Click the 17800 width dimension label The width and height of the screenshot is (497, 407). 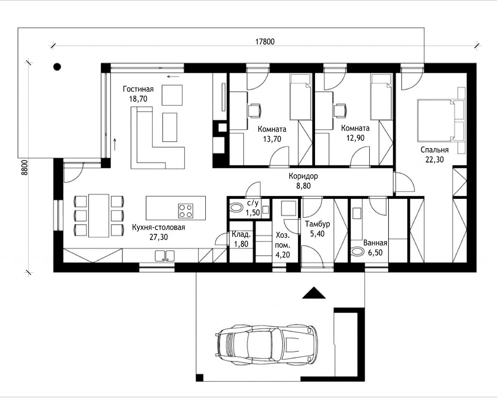265,42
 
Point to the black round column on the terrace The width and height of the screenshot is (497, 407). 57,66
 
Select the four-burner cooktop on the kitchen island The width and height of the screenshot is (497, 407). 185,211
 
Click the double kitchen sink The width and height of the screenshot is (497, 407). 165,256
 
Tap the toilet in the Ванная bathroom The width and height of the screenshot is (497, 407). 358,251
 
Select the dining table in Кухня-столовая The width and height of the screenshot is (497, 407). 99,215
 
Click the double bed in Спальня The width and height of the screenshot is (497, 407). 436,119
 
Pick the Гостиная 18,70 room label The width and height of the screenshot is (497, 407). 138,94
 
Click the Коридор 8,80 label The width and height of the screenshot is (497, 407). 303,181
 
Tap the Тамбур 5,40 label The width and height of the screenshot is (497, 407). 317,228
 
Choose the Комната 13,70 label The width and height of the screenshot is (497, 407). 272,134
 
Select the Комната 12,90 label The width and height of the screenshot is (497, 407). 355,133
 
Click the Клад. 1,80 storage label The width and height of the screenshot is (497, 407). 241,239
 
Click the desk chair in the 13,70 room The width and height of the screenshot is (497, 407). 254,110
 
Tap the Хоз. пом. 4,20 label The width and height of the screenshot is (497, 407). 282,245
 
